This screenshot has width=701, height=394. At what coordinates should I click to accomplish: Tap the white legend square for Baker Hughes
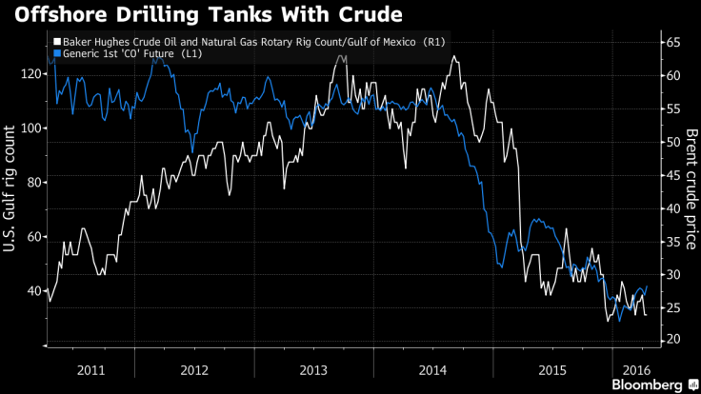pos(57,43)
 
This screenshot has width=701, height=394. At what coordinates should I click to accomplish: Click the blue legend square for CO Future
pos(57,55)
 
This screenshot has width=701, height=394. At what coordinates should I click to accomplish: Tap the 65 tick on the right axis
pos(672,43)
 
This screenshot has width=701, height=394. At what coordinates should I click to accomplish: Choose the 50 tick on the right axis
pos(672,142)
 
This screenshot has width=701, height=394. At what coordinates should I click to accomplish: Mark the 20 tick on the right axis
pos(672,340)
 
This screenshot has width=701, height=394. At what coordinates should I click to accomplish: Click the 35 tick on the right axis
pos(672,241)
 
